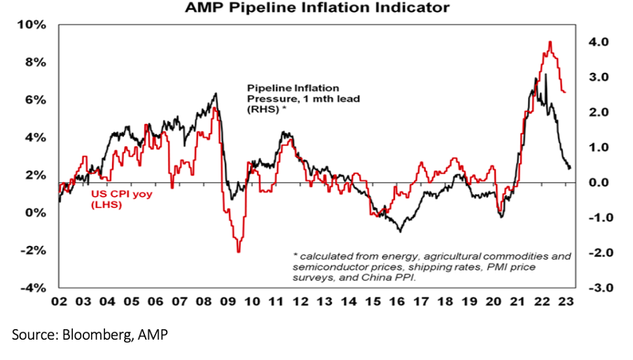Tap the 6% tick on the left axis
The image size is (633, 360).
pos(35,100)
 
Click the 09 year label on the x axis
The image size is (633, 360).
pos(229,301)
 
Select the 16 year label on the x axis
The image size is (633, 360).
pos(398,301)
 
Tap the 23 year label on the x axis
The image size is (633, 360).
pos(566,301)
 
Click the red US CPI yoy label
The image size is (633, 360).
pos(116,199)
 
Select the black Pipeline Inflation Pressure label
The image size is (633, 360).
pos(302,99)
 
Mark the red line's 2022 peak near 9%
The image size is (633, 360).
pos(550,42)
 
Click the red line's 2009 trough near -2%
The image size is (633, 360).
pos(239,251)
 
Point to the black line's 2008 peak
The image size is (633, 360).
pos(215,93)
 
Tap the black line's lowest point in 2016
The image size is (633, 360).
pos(399,230)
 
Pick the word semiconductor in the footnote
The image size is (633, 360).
pos(338,267)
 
